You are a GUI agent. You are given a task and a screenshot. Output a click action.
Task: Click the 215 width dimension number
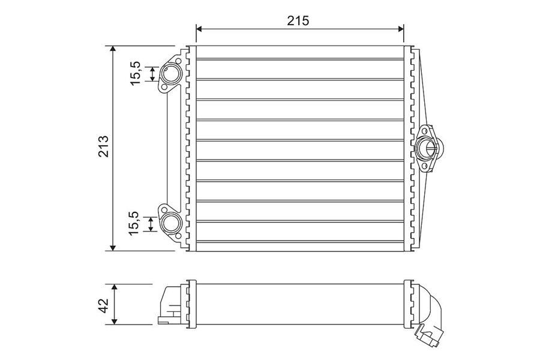coord(298,20)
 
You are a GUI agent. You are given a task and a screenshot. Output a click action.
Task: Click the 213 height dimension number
coord(103,148)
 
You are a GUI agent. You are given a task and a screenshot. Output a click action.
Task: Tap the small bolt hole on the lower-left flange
coord(163,210)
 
